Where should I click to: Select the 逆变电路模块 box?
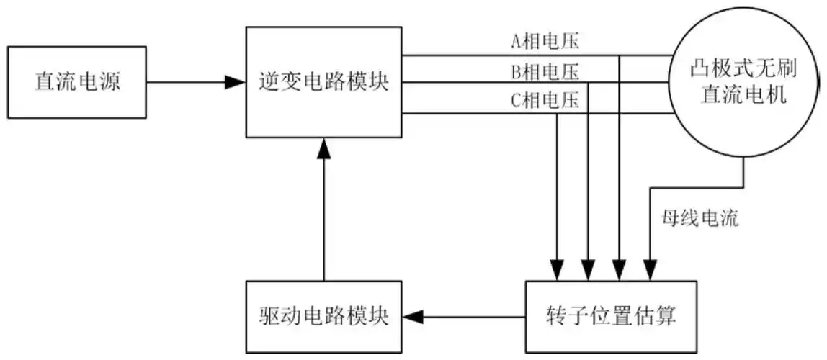[323, 82]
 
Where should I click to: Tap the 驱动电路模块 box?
[323, 316]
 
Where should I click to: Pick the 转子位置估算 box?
[610, 316]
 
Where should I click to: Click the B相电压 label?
[545, 71]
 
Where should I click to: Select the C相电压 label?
[545, 101]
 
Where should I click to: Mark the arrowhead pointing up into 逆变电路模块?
[323, 147]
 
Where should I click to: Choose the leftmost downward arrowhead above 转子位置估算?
[557, 271]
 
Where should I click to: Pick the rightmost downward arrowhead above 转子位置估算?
[651, 271]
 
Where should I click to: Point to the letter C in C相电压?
[516, 101]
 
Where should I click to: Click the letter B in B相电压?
[516, 71]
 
